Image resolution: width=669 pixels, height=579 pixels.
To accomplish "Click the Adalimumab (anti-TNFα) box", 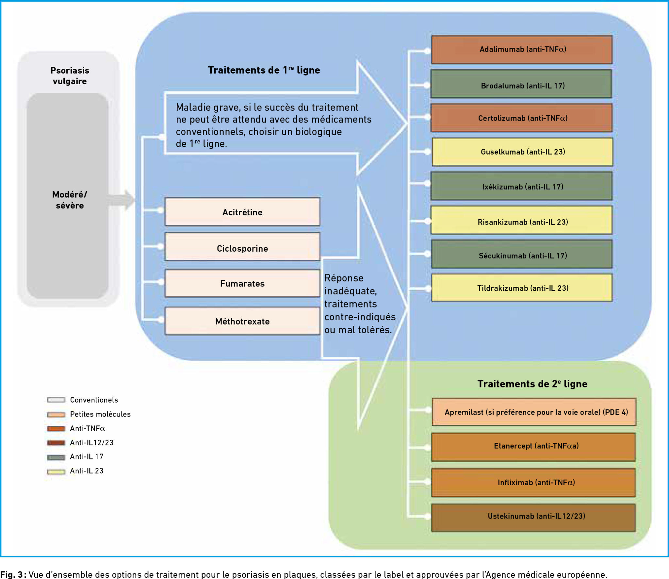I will (522, 49).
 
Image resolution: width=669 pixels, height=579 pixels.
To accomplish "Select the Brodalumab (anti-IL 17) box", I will (521, 84).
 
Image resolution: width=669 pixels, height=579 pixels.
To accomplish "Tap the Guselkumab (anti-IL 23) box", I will (522, 152).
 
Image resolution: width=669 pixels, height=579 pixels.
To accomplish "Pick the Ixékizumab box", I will (521, 186).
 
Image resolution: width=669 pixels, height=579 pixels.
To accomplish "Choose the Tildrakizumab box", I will (522, 288).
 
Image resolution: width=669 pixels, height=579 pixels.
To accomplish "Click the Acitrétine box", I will (242, 212).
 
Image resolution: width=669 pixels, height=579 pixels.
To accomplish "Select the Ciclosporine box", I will (242, 247).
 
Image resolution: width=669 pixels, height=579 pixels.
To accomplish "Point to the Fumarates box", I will (242, 283).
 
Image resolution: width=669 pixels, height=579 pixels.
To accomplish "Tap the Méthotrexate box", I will (242, 321).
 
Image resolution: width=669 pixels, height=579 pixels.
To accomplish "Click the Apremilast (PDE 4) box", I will (534, 412).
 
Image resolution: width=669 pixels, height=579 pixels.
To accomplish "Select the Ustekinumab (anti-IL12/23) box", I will (533, 517).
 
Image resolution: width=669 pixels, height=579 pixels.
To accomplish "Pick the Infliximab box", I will (533, 482).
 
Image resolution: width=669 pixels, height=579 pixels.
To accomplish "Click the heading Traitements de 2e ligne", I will (532, 384).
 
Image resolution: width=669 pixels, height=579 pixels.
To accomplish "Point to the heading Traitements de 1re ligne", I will (264, 70).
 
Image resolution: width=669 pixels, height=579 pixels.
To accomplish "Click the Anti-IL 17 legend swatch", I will (56, 457).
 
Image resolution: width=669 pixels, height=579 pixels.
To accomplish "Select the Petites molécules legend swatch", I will (56, 415).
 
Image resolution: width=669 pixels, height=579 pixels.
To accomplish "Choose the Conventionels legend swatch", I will (56, 400).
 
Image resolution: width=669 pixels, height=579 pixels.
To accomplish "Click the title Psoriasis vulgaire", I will (70, 76).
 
